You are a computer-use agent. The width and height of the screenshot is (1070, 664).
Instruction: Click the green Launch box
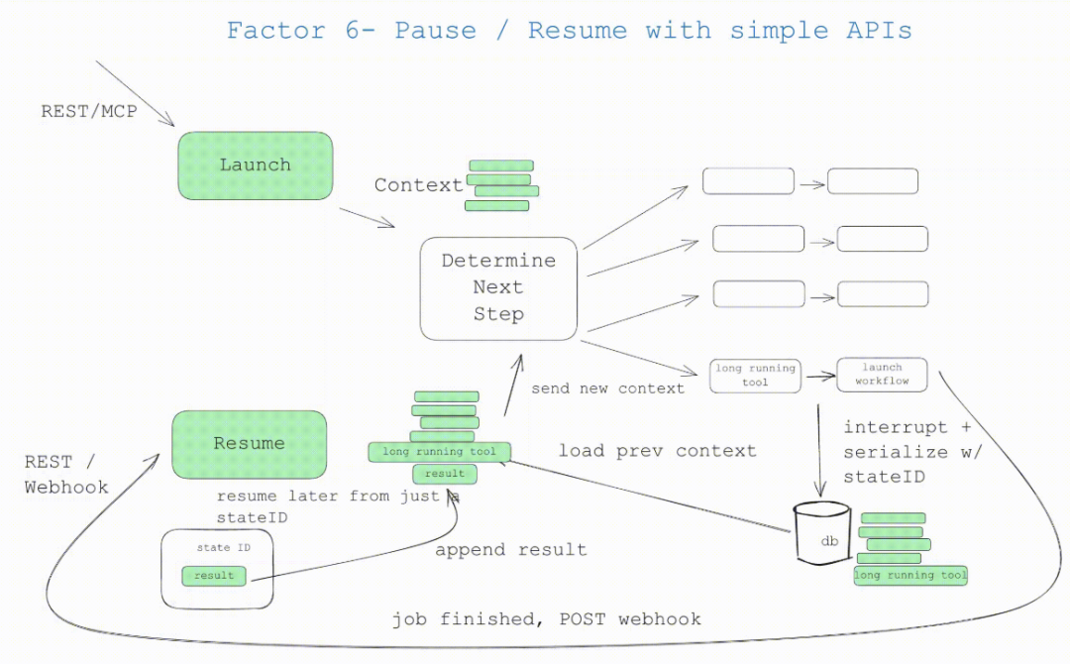(255, 166)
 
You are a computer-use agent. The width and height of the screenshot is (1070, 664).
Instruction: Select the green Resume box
(249, 444)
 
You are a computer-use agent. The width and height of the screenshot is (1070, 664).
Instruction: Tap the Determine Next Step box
(498, 287)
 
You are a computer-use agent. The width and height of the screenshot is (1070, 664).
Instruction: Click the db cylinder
(822, 535)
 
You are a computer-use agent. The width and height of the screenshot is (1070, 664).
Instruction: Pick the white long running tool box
(755, 375)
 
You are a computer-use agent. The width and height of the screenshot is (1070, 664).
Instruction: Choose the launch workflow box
(882, 374)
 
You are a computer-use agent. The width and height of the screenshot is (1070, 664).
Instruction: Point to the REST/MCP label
(88, 112)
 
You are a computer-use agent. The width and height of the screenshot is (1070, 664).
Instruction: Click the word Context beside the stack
(418, 185)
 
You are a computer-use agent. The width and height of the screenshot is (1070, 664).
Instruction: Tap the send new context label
(607, 388)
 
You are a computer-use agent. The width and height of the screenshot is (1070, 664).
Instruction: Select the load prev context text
(657, 451)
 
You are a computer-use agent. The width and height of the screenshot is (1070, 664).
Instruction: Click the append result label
(510, 550)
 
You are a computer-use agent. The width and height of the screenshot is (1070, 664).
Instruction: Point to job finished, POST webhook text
(546, 619)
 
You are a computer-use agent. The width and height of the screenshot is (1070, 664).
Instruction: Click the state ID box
(217, 568)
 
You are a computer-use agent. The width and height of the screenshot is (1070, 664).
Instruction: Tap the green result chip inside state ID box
(214, 576)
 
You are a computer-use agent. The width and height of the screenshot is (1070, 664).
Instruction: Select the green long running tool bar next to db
(909, 576)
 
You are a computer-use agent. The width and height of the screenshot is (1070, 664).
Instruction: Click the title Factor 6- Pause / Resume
(569, 30)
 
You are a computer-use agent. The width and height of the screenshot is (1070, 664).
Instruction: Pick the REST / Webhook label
(61, 474)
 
